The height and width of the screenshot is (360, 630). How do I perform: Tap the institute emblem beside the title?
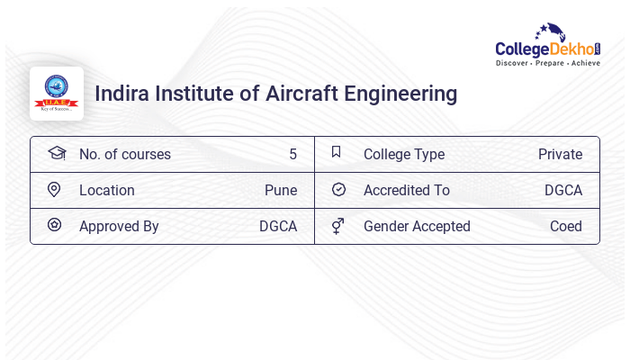click(x=57, y=94)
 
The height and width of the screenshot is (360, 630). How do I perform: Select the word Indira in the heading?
click(x=122, y=94)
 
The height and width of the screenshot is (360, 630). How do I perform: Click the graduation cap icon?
click(x=56, y=153)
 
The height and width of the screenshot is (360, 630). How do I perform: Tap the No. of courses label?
click(x=124, y=154)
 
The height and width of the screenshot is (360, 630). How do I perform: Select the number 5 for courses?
click(x=292, y=154)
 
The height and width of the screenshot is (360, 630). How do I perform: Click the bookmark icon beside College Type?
click(x=337, y=152)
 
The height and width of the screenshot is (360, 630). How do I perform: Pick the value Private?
click(x=560, y=154)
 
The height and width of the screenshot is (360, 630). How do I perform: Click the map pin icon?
click(x=54, y=189)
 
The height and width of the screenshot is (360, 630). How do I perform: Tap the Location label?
click(x=106, y=190)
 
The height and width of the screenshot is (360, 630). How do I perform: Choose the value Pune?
click(x=281, y=190)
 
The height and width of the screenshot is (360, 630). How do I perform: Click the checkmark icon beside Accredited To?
click(x=338, y=189)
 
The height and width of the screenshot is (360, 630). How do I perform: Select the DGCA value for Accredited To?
click(x=563, y=190)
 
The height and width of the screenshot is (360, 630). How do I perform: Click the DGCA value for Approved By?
click(x=278, y=226)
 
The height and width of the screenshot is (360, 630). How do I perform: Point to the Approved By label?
click(x=119, y=226)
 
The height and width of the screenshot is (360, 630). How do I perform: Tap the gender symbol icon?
click(x=337, y=226)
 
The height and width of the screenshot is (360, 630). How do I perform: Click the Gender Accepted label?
click(x=417, y=226)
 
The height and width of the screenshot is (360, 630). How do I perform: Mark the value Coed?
click(x=566, y=226)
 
